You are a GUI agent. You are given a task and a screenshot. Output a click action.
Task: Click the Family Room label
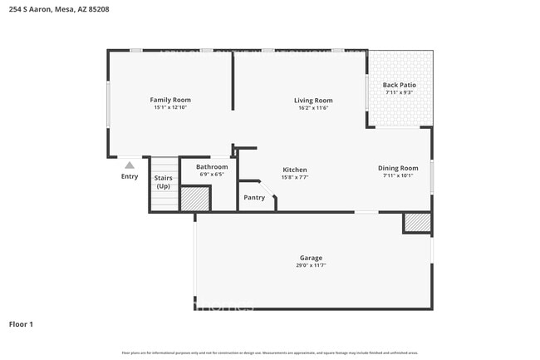click(170, 100)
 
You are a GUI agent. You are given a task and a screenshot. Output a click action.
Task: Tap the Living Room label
click(312, 101)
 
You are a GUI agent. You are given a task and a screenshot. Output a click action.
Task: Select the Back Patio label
click(399, 85)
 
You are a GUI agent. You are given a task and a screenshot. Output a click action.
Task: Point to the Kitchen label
click(295, 169)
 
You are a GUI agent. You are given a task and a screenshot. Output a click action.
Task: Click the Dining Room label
click(398, 168)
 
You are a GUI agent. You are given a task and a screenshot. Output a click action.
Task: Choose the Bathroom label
click(212, 166)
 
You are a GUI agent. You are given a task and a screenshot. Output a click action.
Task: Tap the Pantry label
click(254, 198)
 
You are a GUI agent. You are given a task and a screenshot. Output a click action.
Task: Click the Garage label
click(312, 258)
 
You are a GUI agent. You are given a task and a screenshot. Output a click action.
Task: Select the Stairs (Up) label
click(163, 182)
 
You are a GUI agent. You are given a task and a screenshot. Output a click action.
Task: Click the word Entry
click(130, 176)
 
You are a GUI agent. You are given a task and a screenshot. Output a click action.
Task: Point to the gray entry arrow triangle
click(130, 165)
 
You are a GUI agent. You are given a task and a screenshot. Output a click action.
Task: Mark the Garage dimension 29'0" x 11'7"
click(312, 265)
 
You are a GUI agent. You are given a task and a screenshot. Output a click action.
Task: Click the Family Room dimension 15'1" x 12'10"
click(170, 107)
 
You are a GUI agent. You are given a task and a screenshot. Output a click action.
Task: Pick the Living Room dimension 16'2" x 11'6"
click(312, 108)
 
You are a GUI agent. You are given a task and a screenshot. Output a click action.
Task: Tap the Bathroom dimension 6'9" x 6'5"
click(212, 175)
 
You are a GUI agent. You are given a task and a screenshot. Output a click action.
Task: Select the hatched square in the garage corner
click(416, 222)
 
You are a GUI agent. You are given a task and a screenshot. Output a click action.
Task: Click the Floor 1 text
click(21, 324)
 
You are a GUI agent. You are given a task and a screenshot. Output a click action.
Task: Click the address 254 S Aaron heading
click(58, 10)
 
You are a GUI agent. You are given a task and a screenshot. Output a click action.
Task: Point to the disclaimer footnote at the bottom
click(269, 353)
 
